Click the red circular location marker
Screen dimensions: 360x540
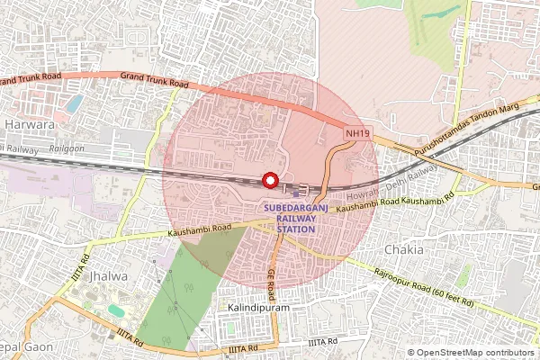(x=269, y=180)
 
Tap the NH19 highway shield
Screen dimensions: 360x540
(x=356, y=133)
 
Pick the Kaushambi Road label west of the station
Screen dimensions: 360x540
(x=199, y=230)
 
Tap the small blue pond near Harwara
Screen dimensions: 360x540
(x=74, y=102)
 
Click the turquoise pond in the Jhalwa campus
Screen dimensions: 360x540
(x=116, y=310)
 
